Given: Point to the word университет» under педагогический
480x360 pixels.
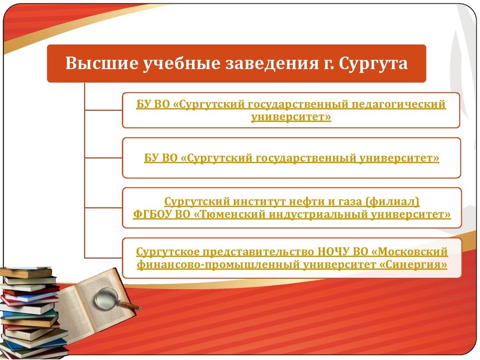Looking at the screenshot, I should point(292,116).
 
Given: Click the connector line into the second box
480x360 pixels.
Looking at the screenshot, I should point(103,158).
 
